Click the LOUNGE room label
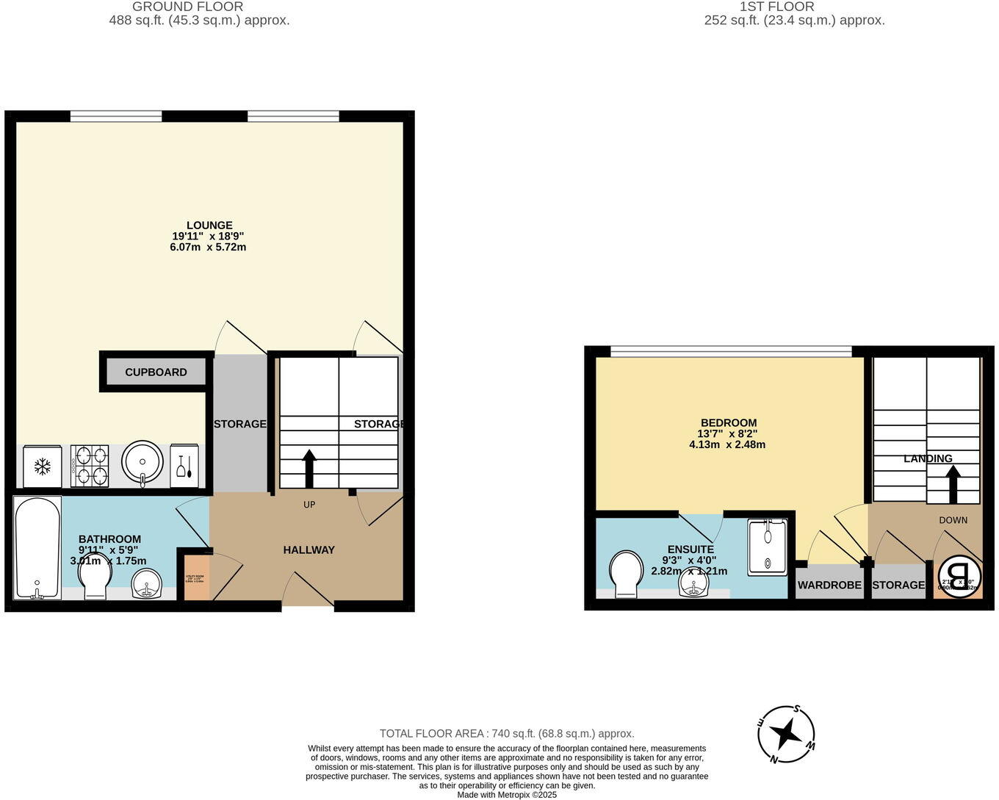pos(209,226)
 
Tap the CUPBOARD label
pos(156,372)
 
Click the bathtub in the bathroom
pos(37,547)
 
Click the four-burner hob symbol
pos(90,466)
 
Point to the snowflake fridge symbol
pos(43,466)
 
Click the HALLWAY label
pos(309,549)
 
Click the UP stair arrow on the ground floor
pos(309,468)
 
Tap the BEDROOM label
pos(728,422)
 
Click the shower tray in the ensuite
pos(767,547)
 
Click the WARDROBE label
pos(829,585)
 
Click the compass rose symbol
pos(787,733)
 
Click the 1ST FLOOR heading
pos(777,7)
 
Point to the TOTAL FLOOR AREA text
pos(506,733)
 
